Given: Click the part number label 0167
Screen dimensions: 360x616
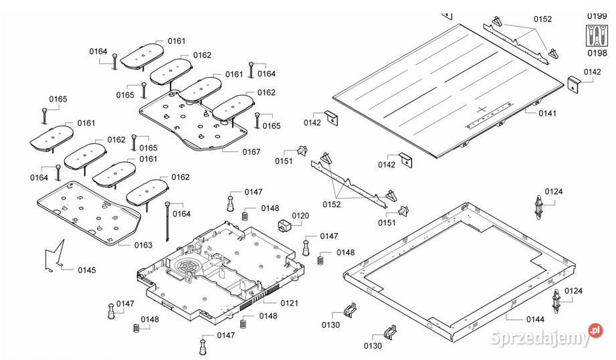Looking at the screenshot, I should click(251, 152).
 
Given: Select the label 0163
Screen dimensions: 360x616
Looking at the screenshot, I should click(143, 245).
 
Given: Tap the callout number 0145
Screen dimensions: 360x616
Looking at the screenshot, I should click(86, 270).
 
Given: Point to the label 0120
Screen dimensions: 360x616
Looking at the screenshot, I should click(300, 215).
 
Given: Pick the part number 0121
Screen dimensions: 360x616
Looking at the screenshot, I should click(289, 303).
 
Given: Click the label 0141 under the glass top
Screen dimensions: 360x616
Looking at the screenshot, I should click(547, 114).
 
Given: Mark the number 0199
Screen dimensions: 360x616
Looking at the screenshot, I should click(597, 15).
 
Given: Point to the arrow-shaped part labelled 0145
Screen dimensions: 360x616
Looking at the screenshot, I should click(54, 257).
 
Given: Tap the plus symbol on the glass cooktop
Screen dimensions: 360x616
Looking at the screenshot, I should click(484, 108).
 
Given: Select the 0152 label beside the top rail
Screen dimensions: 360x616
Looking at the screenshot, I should click(543, 19).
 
